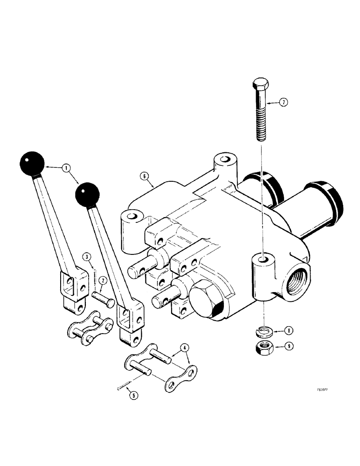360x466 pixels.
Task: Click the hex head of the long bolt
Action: pos(260,86)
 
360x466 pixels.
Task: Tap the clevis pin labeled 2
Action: pos(103,298)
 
